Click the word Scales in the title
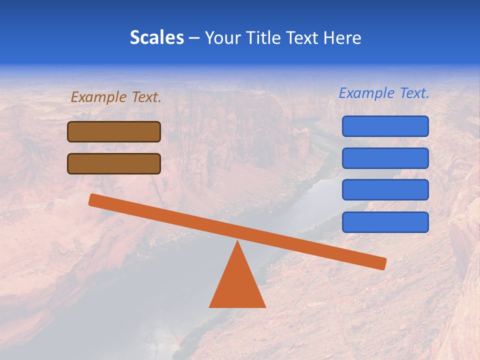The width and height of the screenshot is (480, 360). [x=157, y=38]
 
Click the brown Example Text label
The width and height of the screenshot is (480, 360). [x=116, y=97]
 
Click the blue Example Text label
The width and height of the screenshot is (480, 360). [x=384, y=93]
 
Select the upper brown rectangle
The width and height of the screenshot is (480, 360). [x=114, y=132]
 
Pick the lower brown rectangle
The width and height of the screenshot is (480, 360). [x=114, y=164]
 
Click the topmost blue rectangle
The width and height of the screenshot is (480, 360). [x=385, y=126]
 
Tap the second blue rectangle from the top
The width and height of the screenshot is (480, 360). [x=385, y=158]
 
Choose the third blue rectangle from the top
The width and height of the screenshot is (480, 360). [x=385, y=190]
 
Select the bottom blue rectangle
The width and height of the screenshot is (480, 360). [x=385, y=222]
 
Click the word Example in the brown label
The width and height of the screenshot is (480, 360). [x=99, y=97]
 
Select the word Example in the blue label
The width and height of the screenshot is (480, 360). [x=367, y=93]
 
